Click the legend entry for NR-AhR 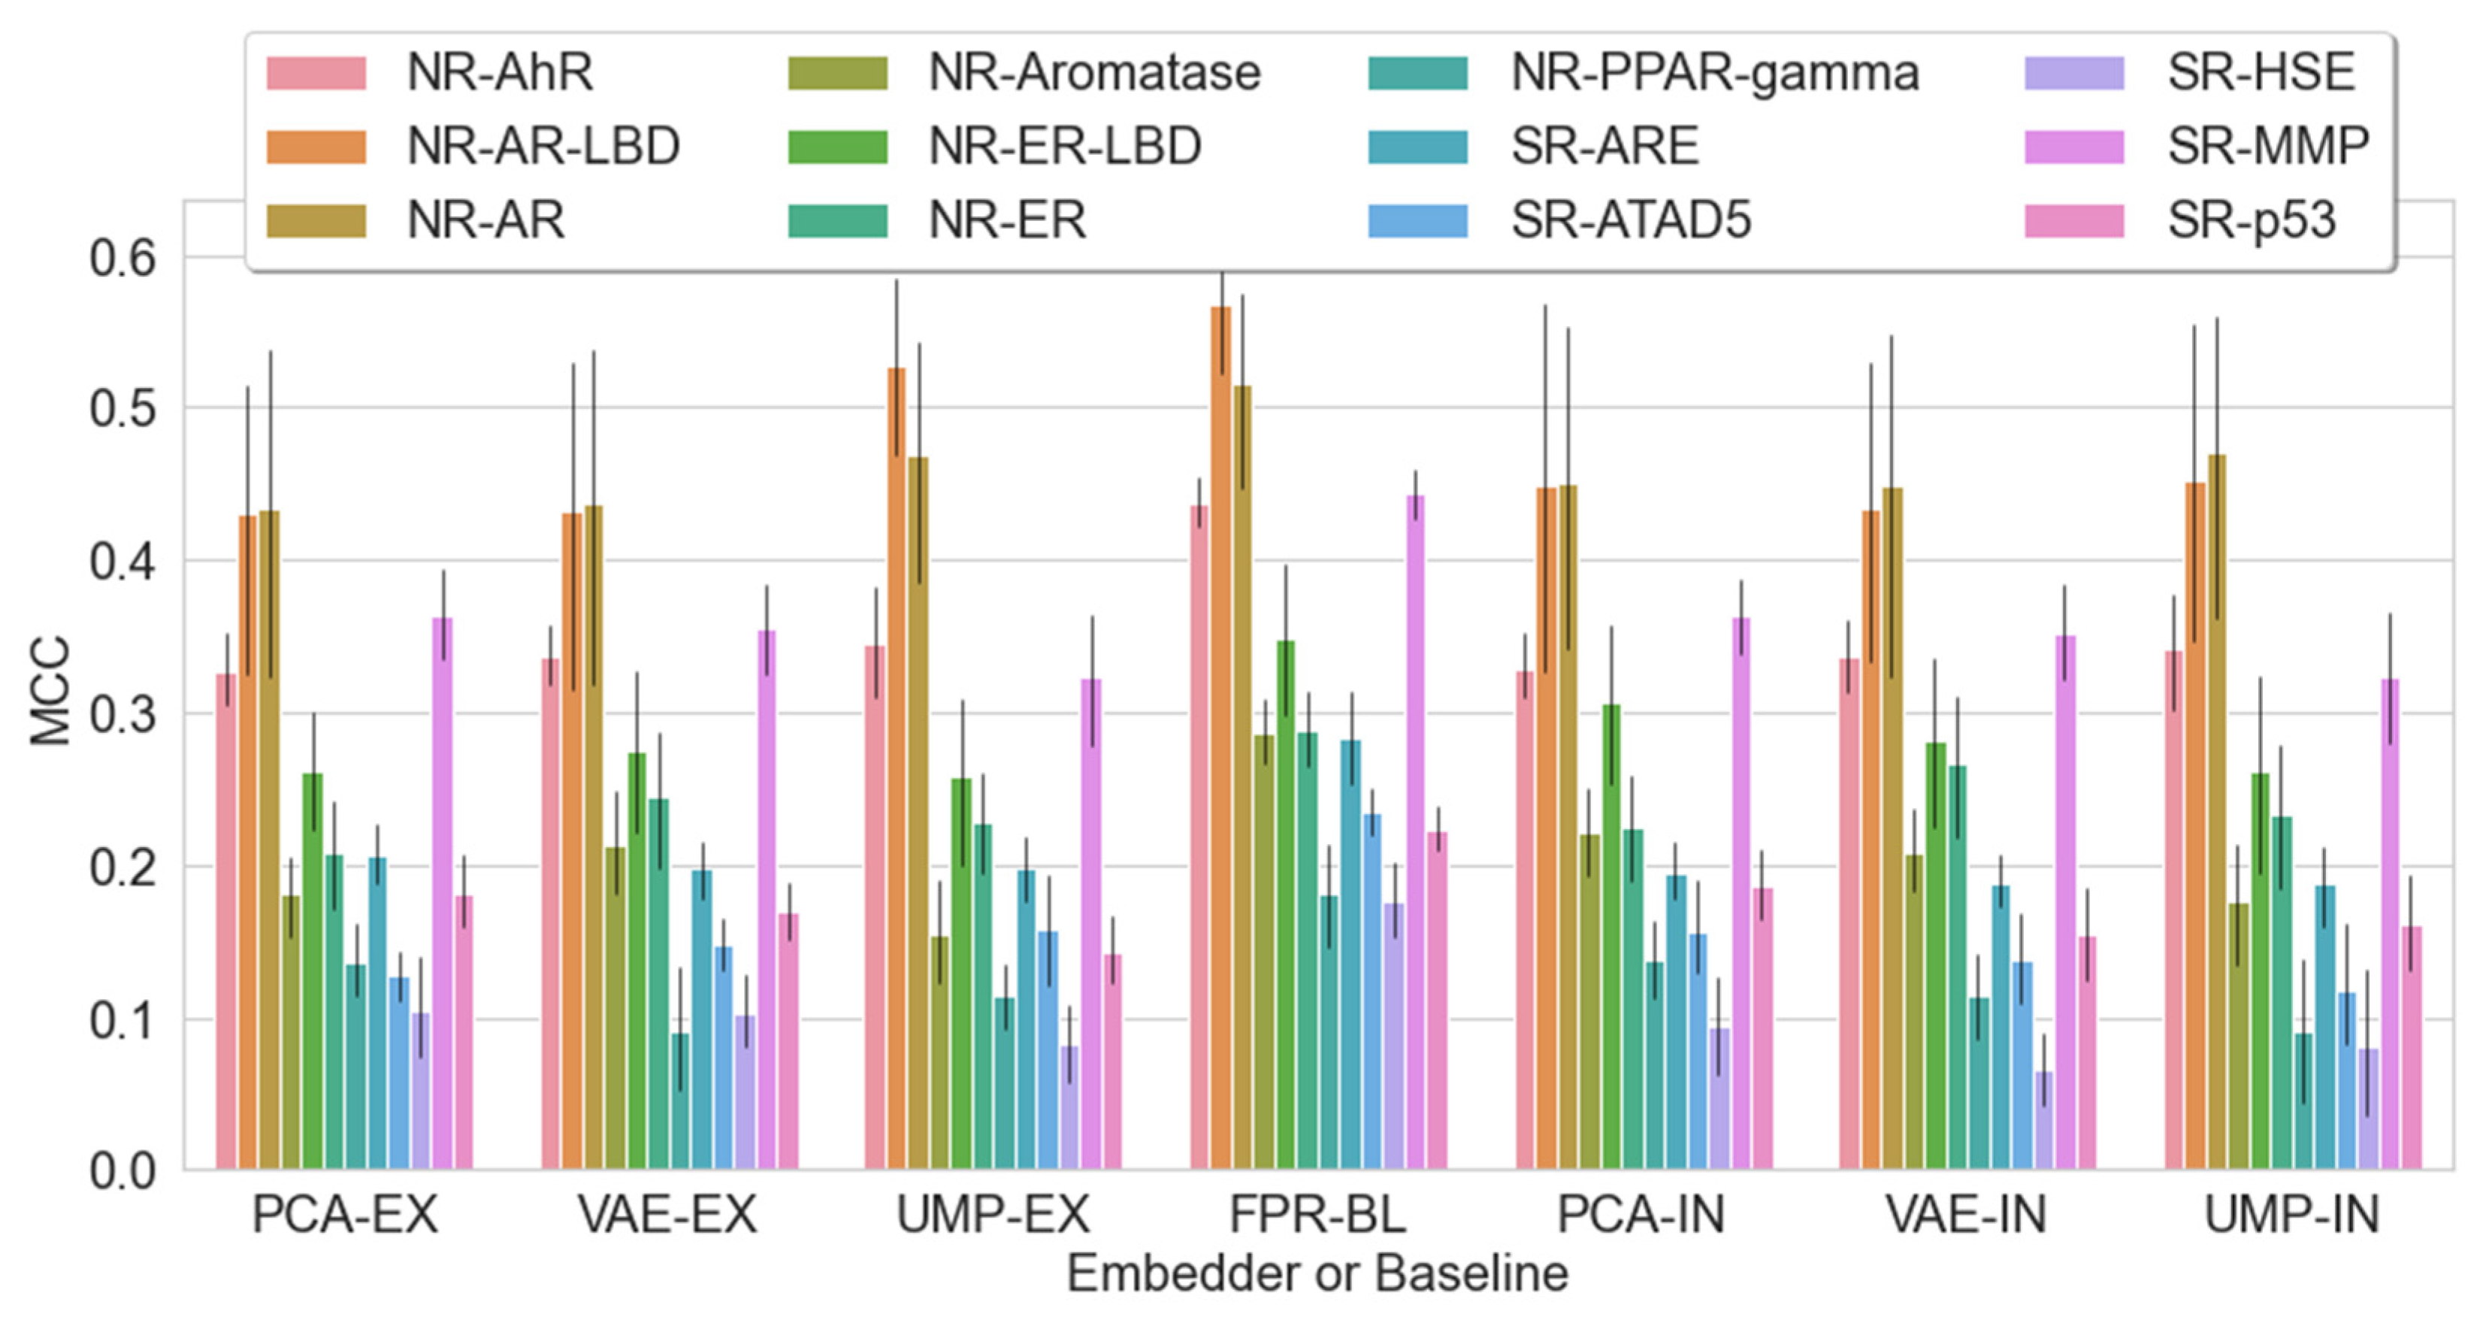(431, 72)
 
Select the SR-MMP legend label (2197, 147)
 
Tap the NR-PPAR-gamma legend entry (1644, 72)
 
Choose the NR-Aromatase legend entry (1024, 72)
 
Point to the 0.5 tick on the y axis (122, 409)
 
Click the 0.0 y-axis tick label (122, 1172)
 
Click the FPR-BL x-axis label (1318, 1214)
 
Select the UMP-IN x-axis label (2292, 1214)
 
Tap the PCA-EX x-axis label (345, 1214)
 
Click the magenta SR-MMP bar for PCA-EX (443, 893)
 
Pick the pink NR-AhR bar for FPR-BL (1199, 837)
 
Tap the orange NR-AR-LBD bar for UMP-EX (897, 769)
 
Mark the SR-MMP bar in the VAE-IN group (2065, 903)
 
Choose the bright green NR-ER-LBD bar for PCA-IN (1611, 937)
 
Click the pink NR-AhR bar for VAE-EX (551, 915)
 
